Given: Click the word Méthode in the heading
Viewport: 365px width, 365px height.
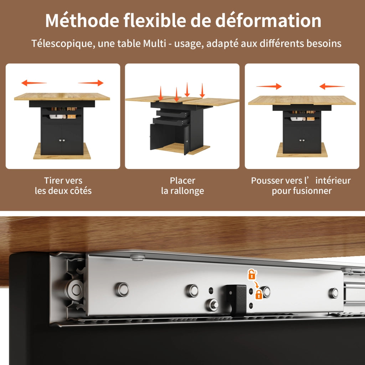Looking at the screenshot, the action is point(82,20).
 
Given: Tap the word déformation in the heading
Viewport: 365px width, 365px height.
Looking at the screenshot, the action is point(268,20).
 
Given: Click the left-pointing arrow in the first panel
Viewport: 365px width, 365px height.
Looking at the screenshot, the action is point(34,83).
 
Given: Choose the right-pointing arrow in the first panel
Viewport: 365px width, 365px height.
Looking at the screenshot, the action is point(91,83).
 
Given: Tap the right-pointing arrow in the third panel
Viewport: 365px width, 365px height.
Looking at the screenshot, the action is point(269,86).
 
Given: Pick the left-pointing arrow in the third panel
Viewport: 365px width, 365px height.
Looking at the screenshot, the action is point(332,86).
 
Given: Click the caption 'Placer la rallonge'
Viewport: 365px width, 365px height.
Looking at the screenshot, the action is point(182,186).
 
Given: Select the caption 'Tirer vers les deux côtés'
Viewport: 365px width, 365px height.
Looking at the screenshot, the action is point(63,186).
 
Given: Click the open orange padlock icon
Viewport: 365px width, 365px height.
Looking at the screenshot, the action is point(252,274).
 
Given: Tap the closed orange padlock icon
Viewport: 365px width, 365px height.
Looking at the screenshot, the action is point(259,294).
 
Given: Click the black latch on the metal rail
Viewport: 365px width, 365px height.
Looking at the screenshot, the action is point(237,300).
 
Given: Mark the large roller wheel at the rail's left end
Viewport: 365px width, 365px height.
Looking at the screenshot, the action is point(74,290).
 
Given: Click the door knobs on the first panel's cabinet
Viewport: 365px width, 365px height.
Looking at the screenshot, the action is point(62,140).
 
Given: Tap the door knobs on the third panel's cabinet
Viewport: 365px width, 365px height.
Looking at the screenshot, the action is point(302,140).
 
